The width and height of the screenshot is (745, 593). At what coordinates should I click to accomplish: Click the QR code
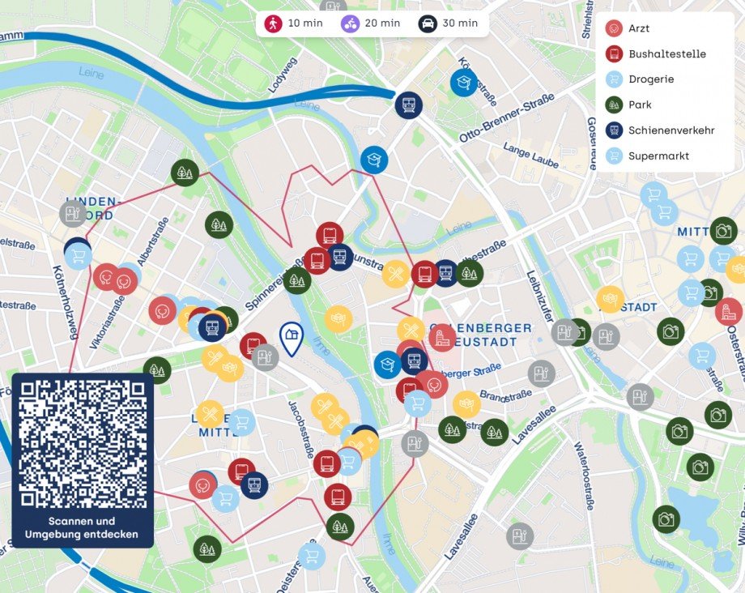tap(83, 443)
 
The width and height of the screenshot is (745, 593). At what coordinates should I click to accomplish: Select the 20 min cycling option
tap(371, 23)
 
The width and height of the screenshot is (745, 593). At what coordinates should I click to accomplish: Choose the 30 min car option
tap(449, 23)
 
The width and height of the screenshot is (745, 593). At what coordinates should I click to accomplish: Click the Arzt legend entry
tap(638, 28)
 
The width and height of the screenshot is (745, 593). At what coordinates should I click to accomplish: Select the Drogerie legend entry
tap(650, 79)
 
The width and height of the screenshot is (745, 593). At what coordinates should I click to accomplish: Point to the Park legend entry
tap(639, 105)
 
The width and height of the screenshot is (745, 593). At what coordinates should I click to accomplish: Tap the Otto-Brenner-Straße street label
tap(507, 118)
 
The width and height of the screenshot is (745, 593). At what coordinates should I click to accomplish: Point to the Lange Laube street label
tap(530, 156)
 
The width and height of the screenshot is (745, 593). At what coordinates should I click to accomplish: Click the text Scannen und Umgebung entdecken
tap(81, 527)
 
